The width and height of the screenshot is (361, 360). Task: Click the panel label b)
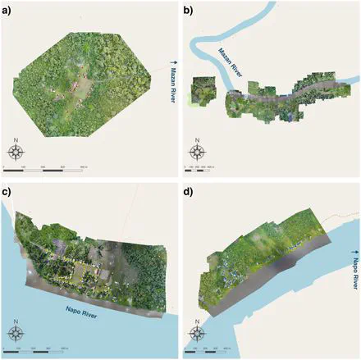[188, 11]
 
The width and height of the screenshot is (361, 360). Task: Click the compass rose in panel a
[16, 151]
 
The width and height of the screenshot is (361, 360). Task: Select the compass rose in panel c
[16, 331]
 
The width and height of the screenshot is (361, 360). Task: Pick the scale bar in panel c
[44, 350]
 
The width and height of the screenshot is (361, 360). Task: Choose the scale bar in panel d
[212, 350]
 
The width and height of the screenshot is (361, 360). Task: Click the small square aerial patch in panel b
[202, 90]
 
